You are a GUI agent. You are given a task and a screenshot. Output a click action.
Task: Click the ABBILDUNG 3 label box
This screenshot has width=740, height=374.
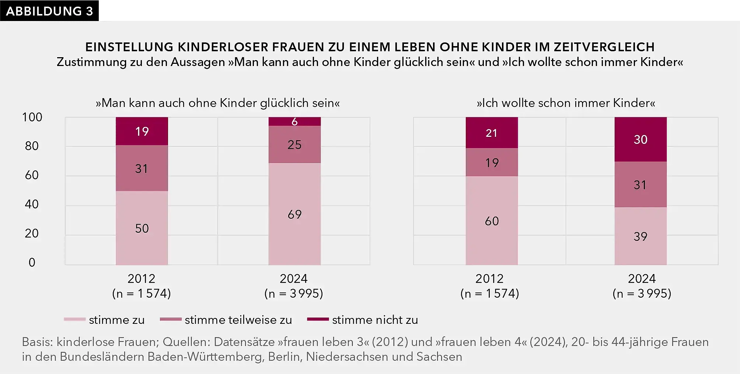tap(49, 11)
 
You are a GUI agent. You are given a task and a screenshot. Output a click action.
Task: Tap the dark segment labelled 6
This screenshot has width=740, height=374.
tap(294, 122)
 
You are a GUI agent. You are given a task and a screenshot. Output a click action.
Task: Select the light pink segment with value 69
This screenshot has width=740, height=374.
tap(294, 214)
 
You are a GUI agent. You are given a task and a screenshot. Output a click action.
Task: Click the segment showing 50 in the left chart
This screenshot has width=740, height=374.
tap(142, 228)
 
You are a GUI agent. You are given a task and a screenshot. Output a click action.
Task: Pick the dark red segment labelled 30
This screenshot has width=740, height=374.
tap(640, 139)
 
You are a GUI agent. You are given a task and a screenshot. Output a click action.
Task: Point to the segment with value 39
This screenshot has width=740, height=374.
tap(640, 236)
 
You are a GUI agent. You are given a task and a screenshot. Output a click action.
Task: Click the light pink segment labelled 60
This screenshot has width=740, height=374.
tap(492, 221)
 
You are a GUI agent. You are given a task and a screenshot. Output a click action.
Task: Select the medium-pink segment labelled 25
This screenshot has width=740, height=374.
tap(294, 145)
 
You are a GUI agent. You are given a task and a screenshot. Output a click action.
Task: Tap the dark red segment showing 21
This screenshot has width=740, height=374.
tap(492, 133)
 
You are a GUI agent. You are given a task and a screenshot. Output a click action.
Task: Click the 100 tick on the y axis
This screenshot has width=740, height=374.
tap(32, 117)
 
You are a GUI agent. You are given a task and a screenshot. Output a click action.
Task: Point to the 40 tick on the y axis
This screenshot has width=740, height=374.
tap(32, 204)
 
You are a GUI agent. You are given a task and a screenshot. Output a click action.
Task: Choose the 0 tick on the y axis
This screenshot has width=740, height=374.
tap(32, 262)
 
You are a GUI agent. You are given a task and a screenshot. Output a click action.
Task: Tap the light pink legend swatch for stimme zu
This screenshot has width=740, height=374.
tap(75, 319)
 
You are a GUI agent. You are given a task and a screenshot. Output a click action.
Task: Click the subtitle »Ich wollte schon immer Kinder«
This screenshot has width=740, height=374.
tap(566, 103)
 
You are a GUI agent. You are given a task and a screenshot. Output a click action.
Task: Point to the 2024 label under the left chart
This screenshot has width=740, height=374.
tap(294, 278)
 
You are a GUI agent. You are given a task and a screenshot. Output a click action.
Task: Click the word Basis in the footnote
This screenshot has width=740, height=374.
tap(37, 342)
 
